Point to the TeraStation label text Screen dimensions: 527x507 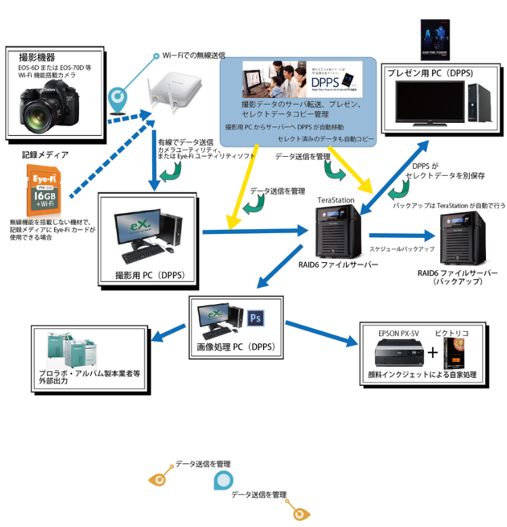(336, 200)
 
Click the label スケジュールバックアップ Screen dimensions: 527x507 (402, 249)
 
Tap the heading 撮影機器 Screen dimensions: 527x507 (37, 57)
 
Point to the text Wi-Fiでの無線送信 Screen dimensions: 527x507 (193, 55)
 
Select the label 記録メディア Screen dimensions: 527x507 (45, 155)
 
